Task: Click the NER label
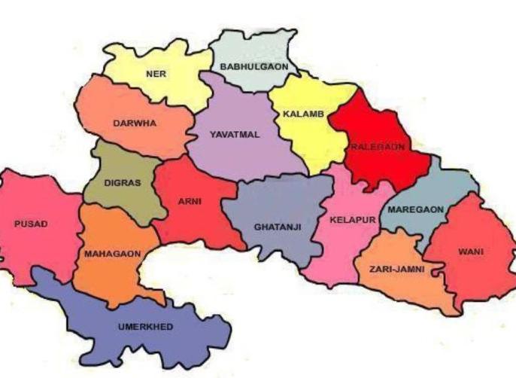156,74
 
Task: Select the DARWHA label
135,123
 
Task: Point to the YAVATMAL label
235,135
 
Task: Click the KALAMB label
303,114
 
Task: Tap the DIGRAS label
123,182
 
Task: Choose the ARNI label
189,201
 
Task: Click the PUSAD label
31,224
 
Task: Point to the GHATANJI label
275,226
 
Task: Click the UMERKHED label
146,327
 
